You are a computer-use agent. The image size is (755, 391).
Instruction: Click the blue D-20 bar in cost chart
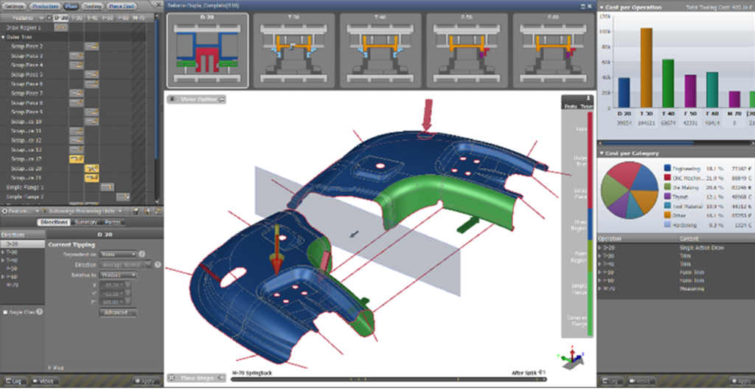coord(624,92)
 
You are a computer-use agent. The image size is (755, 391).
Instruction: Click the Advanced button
coord(118,312)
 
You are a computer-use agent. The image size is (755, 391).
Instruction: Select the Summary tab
coord(87,222)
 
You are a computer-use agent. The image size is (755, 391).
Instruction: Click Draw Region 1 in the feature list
coord(24,27)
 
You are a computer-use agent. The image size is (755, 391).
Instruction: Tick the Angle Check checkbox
coord(6,312)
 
